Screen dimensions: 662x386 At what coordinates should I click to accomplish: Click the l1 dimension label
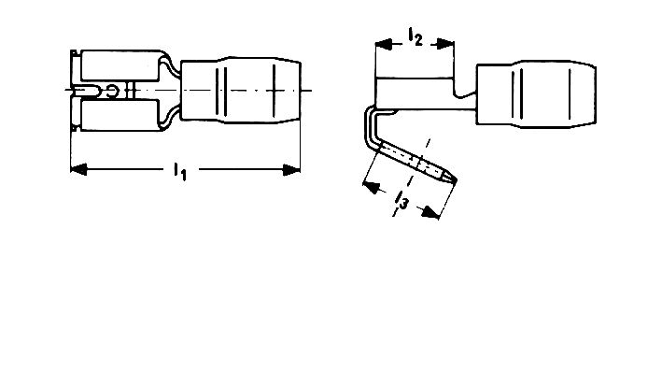(x=179, y=171)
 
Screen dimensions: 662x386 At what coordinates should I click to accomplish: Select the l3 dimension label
(x=401, y=200)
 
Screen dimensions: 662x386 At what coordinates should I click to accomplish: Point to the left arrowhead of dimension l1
(x=79, y=169)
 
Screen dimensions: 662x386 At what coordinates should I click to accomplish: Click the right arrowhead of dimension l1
(x=291, y=170)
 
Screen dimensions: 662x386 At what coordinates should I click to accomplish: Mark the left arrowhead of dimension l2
(x=384, y=44)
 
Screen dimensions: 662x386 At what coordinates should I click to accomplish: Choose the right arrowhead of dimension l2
(x=445, y=44)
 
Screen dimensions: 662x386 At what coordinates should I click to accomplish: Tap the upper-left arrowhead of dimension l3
(x=371, y=187)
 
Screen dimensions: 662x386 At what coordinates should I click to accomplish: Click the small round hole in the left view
(x=112, y=91)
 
